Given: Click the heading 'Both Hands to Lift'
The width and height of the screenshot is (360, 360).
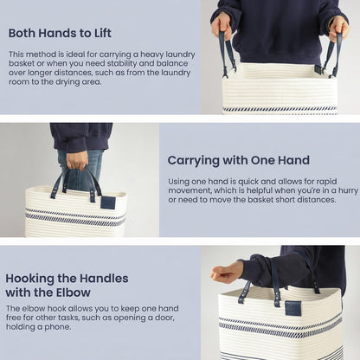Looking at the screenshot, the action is [60, 33].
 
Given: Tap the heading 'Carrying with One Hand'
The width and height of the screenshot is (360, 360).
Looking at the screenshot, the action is [239, 160].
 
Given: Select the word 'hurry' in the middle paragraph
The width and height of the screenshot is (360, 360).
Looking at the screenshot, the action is [348, 191].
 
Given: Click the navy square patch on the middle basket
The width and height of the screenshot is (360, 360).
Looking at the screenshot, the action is [108, 202].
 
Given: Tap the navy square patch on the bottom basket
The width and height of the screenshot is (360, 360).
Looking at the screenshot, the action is [293, 308].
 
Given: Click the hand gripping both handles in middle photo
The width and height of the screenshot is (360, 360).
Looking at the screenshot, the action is [77, 161].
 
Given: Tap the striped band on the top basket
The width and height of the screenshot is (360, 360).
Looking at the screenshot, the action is [280, 109].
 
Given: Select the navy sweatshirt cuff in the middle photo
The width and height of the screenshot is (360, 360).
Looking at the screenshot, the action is [77, 145].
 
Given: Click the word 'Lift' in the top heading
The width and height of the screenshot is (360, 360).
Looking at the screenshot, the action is [103, 33].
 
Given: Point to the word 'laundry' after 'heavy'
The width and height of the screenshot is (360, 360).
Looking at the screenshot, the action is [181, 55].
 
